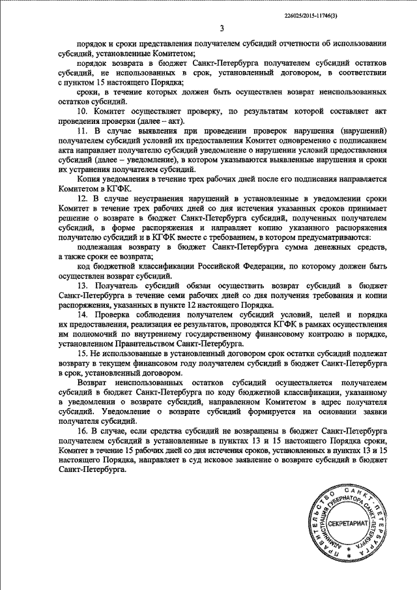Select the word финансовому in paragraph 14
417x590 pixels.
(274, 333)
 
